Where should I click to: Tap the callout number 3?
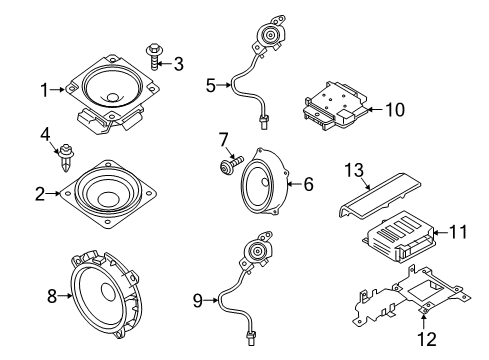click(x=180, y=65)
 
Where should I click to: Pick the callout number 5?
click(x=211, y=86)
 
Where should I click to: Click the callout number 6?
click(x=308, y=184)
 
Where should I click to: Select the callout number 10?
click(x=395, y=109)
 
